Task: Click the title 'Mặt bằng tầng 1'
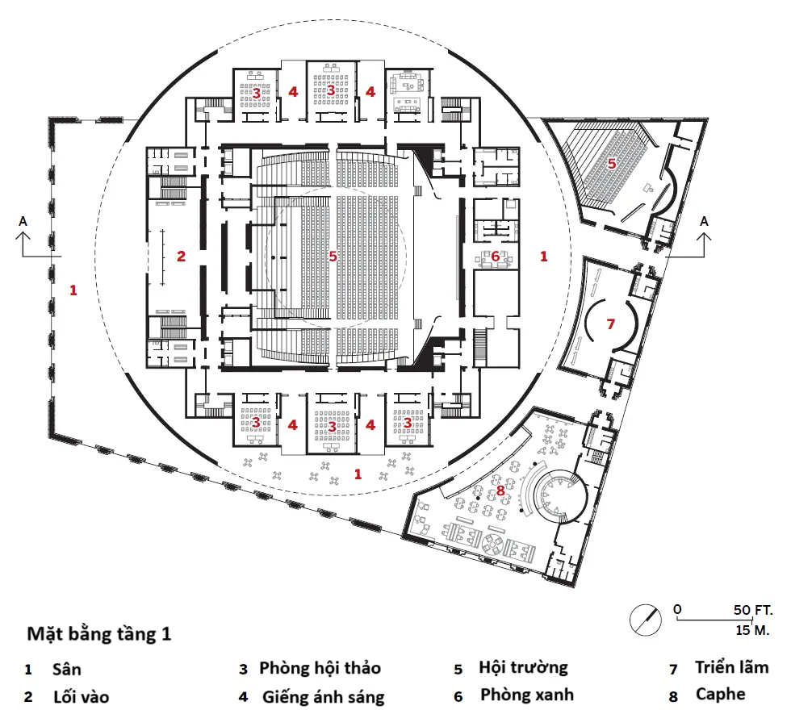[99, 633]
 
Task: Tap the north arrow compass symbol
[647, 618]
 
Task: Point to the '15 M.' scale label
[751, 628]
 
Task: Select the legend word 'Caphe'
[720, 694]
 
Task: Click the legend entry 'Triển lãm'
[731, 667]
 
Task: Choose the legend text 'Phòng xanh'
[527, 694]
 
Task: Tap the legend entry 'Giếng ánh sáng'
[324, 696]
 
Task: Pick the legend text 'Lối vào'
[81, 696]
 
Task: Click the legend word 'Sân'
[66, 670]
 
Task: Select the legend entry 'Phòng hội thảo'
[320, 668]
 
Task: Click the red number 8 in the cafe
[500, 489]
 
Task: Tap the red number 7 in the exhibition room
[610, 324]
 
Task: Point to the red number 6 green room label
[495, 256]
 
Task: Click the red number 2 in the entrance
[182, 257]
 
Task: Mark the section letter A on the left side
[23, 220]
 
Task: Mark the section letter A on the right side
[705, 220]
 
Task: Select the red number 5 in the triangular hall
[612, 163]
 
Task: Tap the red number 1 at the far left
[73, 289]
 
